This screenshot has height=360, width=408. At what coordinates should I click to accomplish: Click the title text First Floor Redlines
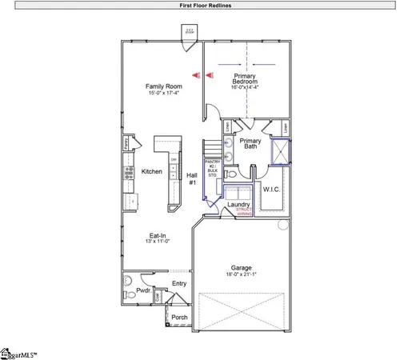(x=204, y=5)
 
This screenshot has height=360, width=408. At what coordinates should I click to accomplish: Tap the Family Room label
(x=163, y=86)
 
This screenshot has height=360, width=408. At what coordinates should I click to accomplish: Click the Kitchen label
(x=153, y=171)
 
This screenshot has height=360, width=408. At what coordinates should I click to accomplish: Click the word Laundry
(x=238, y=205)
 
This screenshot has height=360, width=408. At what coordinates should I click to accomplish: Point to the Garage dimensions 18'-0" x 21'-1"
(x=242, y=274)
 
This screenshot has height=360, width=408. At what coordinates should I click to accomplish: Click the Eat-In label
(x=158, y=235)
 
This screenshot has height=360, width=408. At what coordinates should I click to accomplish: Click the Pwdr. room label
(x=144, y=291)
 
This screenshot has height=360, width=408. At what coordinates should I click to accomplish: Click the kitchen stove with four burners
(x=127, y=170)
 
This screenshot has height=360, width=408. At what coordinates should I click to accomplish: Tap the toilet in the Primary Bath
(x=230, y=173)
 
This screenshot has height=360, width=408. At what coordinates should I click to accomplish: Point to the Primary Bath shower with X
(x=281, y=150)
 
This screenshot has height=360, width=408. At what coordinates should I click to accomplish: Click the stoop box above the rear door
(x=190, y=33)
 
